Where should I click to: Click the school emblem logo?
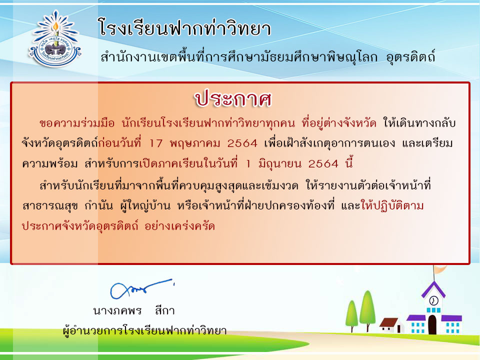tap(55, 38)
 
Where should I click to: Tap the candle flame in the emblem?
tap(55, 26)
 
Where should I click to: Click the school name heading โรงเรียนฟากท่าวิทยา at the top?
tap(184, 28)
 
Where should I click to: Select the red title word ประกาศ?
tap(233, 99)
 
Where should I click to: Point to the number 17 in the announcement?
tap(156, 143)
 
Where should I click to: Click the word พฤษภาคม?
tap(195, 143)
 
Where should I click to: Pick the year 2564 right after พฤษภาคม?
tap(242, 143)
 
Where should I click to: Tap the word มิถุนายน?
tap(280, 164)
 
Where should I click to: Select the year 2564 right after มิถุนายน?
tap(323, 164)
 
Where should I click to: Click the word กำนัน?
tap(98, 205)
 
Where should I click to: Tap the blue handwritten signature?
tap(141, 288)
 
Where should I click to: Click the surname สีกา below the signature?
tap(164, 310)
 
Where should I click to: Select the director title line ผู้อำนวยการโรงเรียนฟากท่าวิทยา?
tap(144, 330)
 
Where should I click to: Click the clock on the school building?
tap(433, 300)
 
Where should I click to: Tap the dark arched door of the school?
tap(432, 324)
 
